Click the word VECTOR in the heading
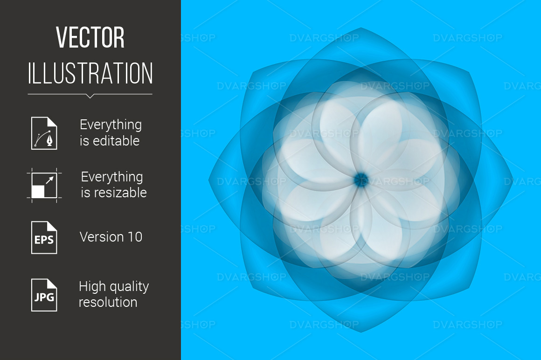click(x=90, y=37)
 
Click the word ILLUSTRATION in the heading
click(x=90, y=73)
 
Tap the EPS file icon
click(x=44, y=237)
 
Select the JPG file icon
click(x=44, y=295)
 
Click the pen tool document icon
click(x=44, y=133)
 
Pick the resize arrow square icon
click(x=44, y=185)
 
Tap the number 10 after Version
click(x=135, y=237)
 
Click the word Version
click(x=102, y=237)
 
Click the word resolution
click(x=108, y=302)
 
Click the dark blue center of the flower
click(x=361, y=180)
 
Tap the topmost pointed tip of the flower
click(x=361, y=28)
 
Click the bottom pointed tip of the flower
click(x=361, y=332)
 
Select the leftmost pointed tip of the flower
click(x=209, y=180)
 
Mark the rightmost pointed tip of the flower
click(x=513, y=180)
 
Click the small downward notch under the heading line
click(x=90, y=96)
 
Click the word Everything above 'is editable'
click(x=111, y=125)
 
